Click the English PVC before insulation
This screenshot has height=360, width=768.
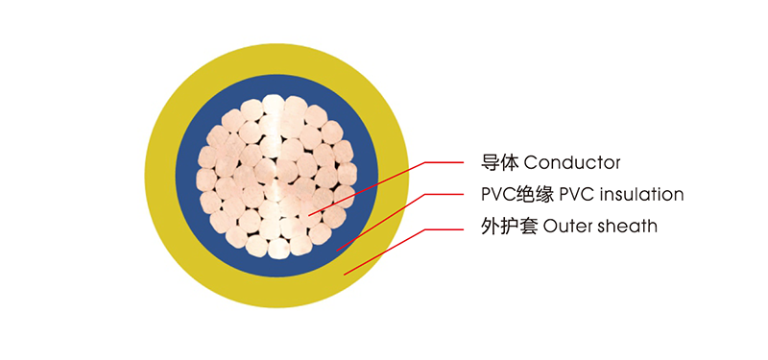click(x=573, y=194)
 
